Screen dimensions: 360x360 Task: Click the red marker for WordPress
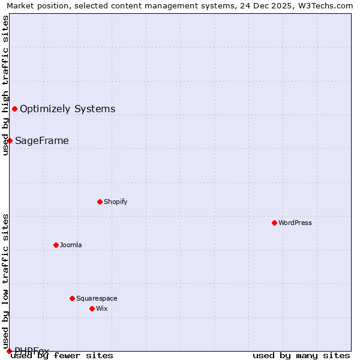274,223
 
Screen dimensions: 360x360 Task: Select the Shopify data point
100,202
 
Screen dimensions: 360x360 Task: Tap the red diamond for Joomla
56,245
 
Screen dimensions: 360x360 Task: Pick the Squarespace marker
72,298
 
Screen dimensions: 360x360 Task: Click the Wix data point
92,308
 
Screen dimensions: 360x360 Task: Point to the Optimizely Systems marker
14,109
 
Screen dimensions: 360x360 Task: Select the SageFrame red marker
10,140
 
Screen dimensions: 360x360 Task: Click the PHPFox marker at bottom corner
9,351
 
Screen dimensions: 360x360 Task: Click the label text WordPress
295,223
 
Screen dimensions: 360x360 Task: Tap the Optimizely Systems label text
67,109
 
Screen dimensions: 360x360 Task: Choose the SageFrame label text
41,140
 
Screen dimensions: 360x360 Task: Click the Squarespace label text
97,298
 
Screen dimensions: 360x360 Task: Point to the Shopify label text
115,202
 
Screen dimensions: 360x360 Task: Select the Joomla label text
71,245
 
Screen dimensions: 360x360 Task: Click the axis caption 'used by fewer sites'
62,356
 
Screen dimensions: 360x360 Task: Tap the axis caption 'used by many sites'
301,356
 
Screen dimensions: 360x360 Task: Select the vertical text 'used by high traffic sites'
5,85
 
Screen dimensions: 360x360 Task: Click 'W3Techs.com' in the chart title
323,5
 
